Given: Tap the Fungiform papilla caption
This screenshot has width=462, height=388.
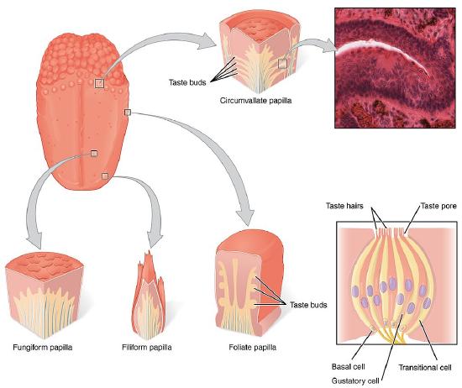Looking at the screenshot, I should point(42,346).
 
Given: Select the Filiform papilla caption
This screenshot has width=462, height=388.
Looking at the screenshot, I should point(153,346).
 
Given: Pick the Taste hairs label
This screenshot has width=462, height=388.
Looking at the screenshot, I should point(344,206).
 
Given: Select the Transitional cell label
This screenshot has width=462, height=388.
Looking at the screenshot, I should point(430,367).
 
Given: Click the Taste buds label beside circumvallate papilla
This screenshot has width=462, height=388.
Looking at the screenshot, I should point(188,81).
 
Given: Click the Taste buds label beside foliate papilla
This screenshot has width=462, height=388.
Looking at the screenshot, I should point(308,304).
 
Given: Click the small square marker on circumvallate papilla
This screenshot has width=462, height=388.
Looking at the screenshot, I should point(283,62).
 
